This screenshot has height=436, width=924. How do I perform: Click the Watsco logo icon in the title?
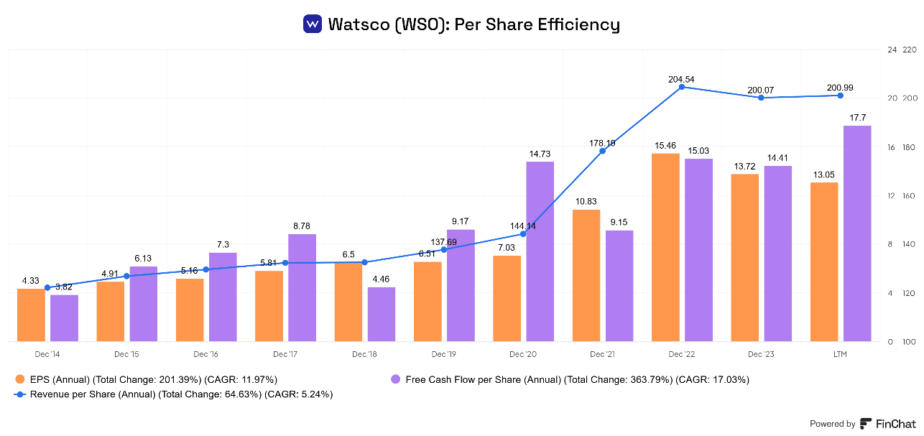point(313,24)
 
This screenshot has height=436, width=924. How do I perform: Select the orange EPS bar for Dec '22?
point(665,247)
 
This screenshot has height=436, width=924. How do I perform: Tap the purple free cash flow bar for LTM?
point(857,233)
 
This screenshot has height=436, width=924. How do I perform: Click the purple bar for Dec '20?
point(540,251)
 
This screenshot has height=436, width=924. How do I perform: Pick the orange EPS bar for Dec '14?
point(31,315)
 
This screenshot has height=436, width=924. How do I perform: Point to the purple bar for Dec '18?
point(382,314)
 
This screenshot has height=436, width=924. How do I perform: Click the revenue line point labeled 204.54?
point(681,87)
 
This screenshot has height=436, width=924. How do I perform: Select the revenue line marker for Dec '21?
point(602,150)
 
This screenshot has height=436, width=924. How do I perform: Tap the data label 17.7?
point(857,117)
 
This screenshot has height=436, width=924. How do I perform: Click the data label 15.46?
point(665,145)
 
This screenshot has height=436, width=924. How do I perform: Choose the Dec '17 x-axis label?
point(285,354)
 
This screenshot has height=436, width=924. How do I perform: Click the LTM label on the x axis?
point(840,354)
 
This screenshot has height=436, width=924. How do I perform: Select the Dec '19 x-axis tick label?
point(443,354)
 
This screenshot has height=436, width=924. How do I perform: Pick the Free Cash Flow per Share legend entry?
point(568,379)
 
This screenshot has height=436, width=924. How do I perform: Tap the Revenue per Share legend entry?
point(172,394)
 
